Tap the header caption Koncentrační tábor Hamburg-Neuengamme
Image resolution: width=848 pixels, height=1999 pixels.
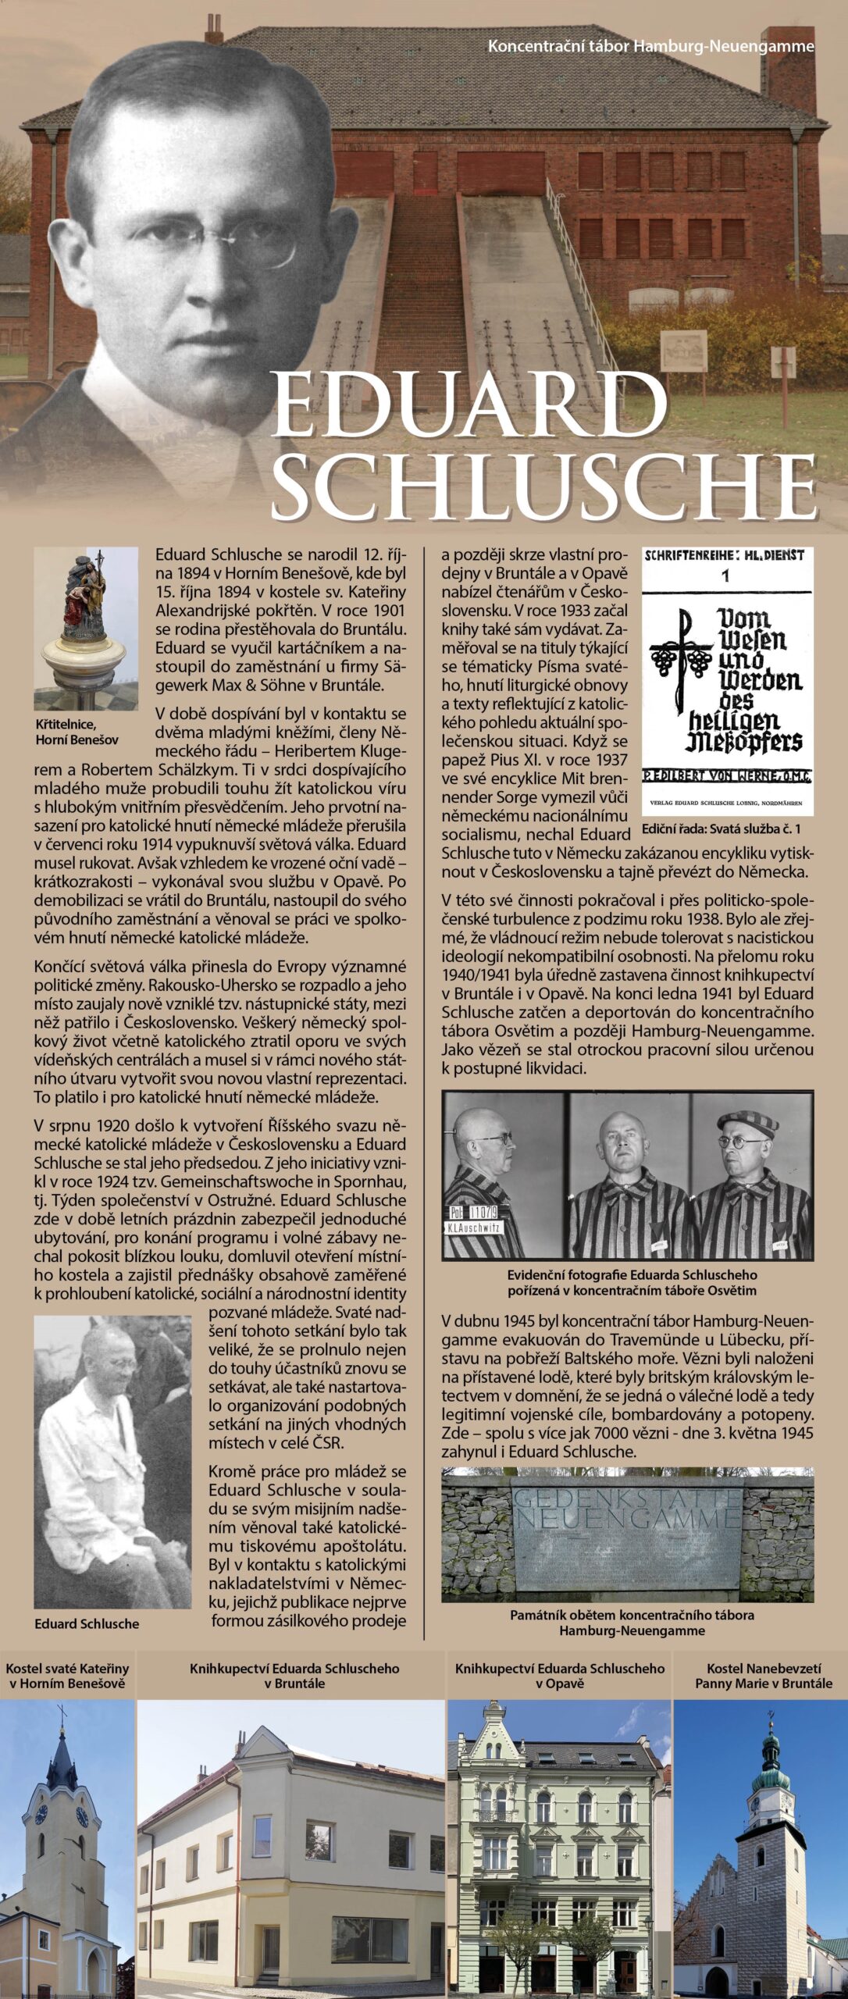[650, 47]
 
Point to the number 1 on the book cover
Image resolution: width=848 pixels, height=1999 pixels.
[726, 577]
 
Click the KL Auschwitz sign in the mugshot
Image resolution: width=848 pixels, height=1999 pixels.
[476, 1227]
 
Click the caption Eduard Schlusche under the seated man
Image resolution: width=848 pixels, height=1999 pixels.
[87, 1623]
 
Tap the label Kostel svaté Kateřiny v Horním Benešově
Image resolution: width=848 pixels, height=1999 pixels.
[67, 1675]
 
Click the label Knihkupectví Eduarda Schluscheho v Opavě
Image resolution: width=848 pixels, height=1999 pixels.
[560, 1675]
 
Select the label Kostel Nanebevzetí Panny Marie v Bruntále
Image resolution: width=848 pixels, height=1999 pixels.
[763, 1675]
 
